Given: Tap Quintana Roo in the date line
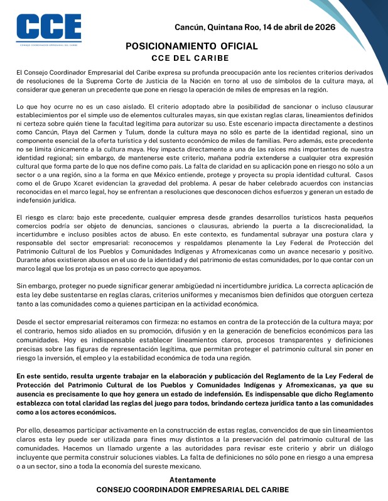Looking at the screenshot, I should [x=234, y=28].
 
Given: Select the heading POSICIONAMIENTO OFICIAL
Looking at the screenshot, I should [x=191, y=46].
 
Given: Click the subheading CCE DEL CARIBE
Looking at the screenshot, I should [x=191, y=58].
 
